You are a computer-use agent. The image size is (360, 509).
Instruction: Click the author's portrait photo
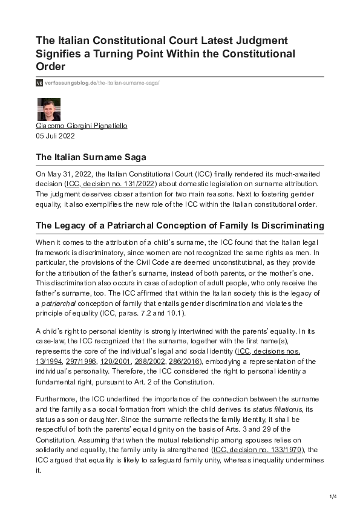pos(49,109)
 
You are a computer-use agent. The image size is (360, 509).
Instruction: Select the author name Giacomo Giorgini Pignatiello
pos(82,126)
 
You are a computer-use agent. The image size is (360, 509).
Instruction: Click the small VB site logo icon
pos(39,82)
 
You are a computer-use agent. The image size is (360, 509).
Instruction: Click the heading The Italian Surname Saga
pos(91,157)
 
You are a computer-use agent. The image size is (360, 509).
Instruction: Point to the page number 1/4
pos(332,497)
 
